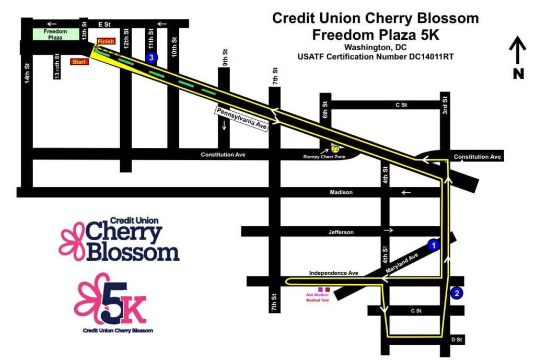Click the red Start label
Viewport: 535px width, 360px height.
click(x=79, y=62)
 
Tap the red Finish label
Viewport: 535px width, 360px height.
click(x=106, y=41)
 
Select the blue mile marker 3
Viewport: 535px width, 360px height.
click(x=152, y=57)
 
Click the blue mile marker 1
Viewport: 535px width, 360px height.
click(x=434, y=245)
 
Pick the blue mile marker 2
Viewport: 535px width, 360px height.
click(x=457, y=293)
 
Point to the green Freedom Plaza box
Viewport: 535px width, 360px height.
click(x=55, y=34)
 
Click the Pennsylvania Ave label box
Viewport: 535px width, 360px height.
click(x=242, y=119)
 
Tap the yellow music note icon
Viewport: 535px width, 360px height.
click(x=336, y=149)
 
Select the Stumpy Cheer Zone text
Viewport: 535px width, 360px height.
click(x=324, y=157)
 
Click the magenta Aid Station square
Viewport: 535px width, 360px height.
click(x=320, y=289)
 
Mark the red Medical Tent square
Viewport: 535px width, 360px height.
click(x=328, y=289)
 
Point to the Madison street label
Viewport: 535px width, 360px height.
click(x=341, y=192)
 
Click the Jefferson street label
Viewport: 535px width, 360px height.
click(x=341, y=232)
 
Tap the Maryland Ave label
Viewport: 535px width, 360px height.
click(x=402, y=263)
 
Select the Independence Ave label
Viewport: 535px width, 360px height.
click(x=334, y=273)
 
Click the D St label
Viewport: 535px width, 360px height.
click(x=457, y=340)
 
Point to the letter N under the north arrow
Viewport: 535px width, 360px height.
click(x=518, y=74)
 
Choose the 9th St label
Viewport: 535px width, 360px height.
click(x=225, y=57)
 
